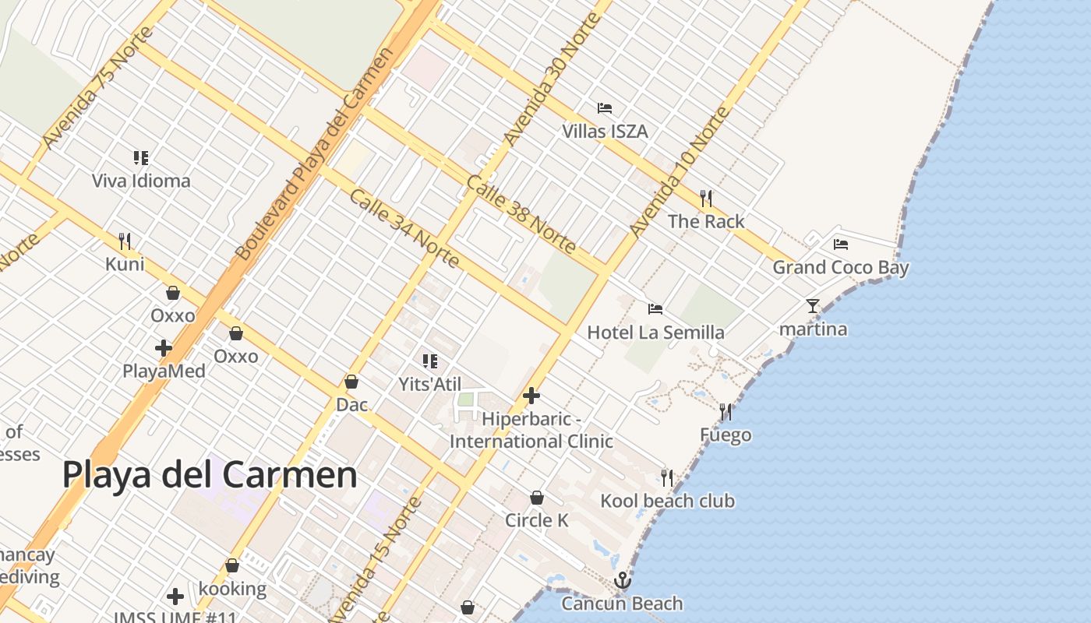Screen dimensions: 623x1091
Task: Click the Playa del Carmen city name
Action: [x=210, y=474]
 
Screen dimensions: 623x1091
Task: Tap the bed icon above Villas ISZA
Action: [x=605, y=107]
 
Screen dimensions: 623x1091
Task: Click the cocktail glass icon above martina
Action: [x=813, y=305]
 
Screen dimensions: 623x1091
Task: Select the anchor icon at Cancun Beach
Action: [x=622, y=580]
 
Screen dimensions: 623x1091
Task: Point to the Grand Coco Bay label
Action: [x=840, y=267]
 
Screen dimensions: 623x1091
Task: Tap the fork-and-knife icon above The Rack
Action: [x=706, y=198]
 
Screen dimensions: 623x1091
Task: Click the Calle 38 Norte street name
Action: [x=521, y=215]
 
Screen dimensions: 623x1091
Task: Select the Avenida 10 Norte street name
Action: [x=679, y=172]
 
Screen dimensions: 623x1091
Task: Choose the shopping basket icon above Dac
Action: [x=351, y=382]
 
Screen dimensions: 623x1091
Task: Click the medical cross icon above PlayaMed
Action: [x=164, y=347]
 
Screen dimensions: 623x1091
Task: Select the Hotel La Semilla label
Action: [x=655, y=333]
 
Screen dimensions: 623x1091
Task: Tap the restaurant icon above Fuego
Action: [x=726, y=411]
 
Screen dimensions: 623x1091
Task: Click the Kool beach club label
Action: [x=667, y=501]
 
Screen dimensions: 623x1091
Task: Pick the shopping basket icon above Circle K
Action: [x=537, y=498]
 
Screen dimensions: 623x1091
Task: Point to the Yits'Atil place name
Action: [x=429, y=384]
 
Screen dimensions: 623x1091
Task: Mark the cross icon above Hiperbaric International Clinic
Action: [x=531, y=396]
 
